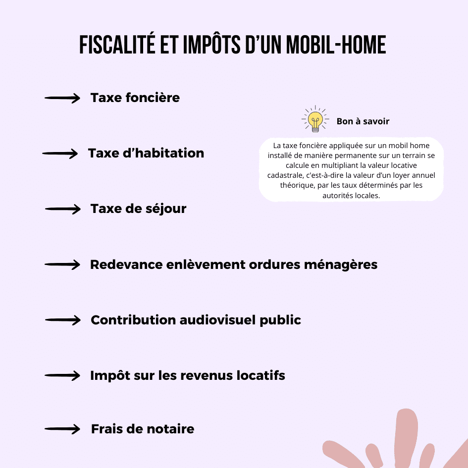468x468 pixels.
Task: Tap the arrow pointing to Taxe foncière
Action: tap(62, 99)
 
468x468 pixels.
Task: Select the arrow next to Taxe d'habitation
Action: tap(60, 154)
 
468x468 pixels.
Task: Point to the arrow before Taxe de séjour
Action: tap(62, 209)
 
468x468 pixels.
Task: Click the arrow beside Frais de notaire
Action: tap(62, 429)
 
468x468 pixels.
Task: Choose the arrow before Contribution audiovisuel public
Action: tap(62, 320)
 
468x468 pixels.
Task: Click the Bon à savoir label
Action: tap(363, 121)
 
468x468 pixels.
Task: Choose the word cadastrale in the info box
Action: tap(284, 175)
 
